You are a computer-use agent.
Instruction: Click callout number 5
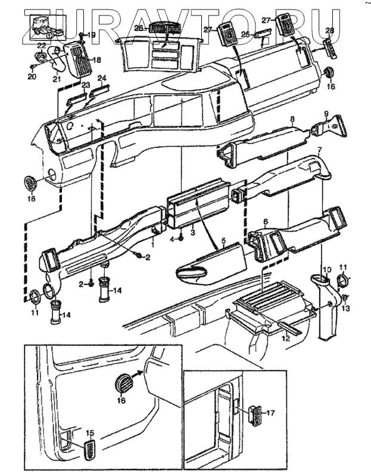[x=223, y=241]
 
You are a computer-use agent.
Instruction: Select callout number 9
[x=326, y=113]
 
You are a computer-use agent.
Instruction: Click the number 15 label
[x=91, y=433]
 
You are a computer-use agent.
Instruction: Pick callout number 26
[x=138, y=28]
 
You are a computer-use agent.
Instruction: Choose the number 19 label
[x=91, y=35]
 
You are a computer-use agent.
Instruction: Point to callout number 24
[x=102, y=78]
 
